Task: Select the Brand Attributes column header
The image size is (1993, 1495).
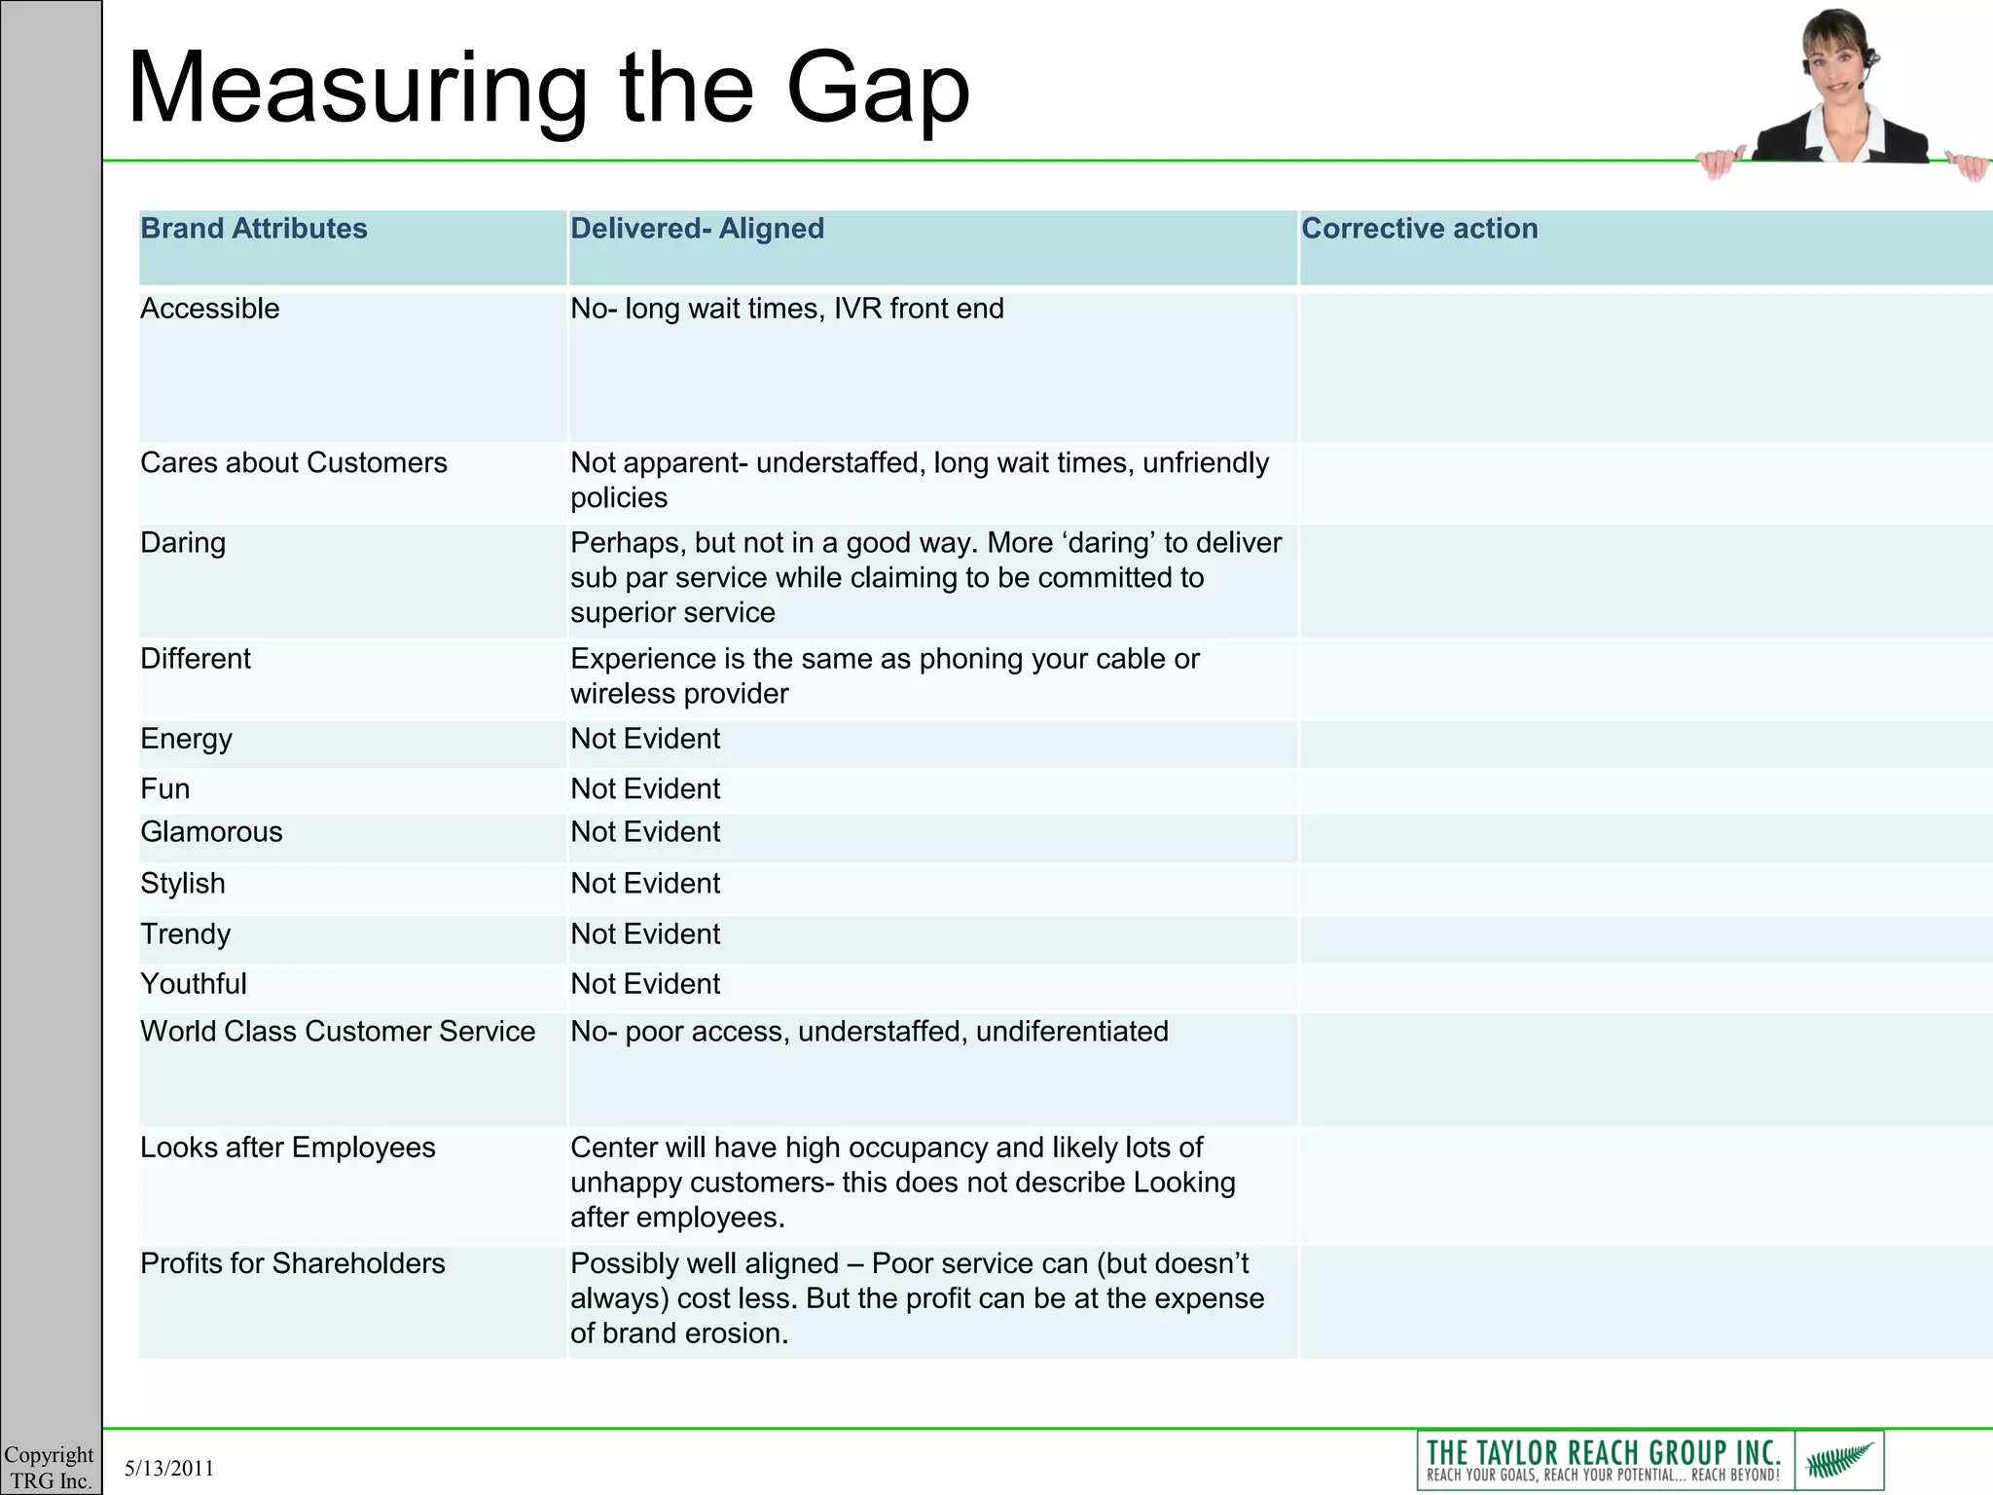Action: pyautogui.click(x=254, y=229)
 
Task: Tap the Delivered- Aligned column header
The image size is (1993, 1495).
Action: pyautogui.click(x=697, y=229)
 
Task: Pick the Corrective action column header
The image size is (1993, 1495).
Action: pyautogui.click(x=1419, y=229)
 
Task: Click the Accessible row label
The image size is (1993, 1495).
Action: pyautogui.click(x=210, y=309)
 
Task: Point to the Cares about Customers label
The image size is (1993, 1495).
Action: pyautogui.click(x=294, y=462)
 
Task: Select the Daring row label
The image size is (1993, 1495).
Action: pyautogui.click(x=183, y=542)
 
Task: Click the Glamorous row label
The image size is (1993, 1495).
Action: pyautogui.click(x=211, y=832)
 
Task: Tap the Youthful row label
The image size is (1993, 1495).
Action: pyautogui.click(x=194, y=984)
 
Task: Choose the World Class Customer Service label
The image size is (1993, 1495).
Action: pyautogui.click(x=338, y=1032)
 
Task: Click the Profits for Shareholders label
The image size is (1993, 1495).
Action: pyautogui.click(x=293, y=1263)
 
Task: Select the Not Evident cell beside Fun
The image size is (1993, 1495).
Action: pyautogui.click(x=645, y=788)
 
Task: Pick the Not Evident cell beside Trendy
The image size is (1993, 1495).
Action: pyautogui.click(x=645, y=934)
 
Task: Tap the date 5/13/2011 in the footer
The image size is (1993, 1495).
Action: pyautogui.click(x=169, y=1469)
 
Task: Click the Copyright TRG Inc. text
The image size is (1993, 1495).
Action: pyautogui.click(x=50, y=1468)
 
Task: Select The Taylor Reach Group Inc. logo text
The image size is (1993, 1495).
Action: pyautogui.click(x=1603, y=1454)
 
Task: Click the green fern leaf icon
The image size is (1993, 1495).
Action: pyautogui.click(x=1838, y=1460)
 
